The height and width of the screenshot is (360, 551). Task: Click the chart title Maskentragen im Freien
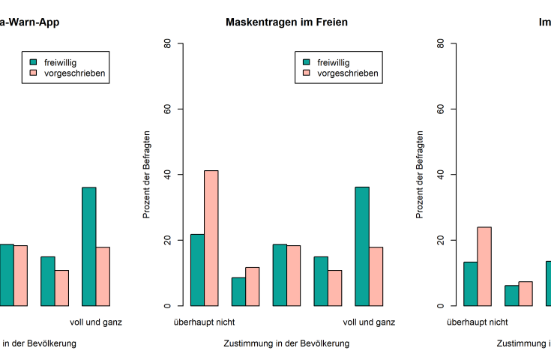click(x=286, y=22)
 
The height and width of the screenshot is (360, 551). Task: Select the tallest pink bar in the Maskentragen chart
click(x=211, y=238)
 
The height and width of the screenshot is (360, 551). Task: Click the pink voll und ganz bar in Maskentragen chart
click(x=376, y=276)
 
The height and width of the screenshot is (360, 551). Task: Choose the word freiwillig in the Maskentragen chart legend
click(x=333, y=62)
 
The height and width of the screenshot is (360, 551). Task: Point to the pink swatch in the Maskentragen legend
click(x=307, y=73)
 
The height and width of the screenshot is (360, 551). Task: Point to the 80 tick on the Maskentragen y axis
click(x=167, y=43)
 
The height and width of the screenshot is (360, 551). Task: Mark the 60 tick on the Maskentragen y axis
click(x=167, y=109)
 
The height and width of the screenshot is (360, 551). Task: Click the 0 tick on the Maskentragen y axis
click(x=167, y=306)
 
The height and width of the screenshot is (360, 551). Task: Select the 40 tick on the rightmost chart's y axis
click(x=440, y=175)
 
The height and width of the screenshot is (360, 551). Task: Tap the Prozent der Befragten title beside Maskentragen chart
click(x=147, y=175)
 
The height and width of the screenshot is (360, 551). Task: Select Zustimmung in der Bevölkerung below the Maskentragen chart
click(x=286, y=343)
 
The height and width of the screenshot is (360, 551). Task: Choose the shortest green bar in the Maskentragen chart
click(x=238, y=292)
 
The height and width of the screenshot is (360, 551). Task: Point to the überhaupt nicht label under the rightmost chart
click(x=477, y=322)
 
